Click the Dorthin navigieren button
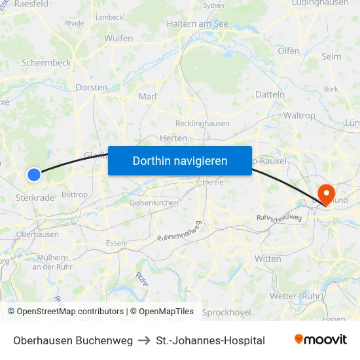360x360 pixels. tap(180, 161)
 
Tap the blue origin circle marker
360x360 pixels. tap(34, 174)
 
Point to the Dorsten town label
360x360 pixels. tap(92, 87)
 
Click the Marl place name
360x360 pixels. tap(147, 97)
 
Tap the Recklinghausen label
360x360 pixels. tap(202, 123)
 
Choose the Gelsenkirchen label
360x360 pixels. tap(154, 203)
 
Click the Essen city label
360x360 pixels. tap(116, 243)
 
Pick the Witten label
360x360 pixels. tap(268, 259)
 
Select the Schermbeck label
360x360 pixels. tap(46, 63)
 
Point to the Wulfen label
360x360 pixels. tap(118, 39)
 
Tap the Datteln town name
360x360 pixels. tap(270, 94)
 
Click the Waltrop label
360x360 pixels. tap(300, 116)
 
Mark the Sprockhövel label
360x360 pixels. tap(226, 312)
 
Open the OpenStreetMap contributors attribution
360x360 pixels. tap(65, 312)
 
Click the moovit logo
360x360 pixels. tap(321, 340)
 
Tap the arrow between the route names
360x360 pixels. tap(145, 340)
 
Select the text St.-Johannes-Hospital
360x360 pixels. tap(211, 340)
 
